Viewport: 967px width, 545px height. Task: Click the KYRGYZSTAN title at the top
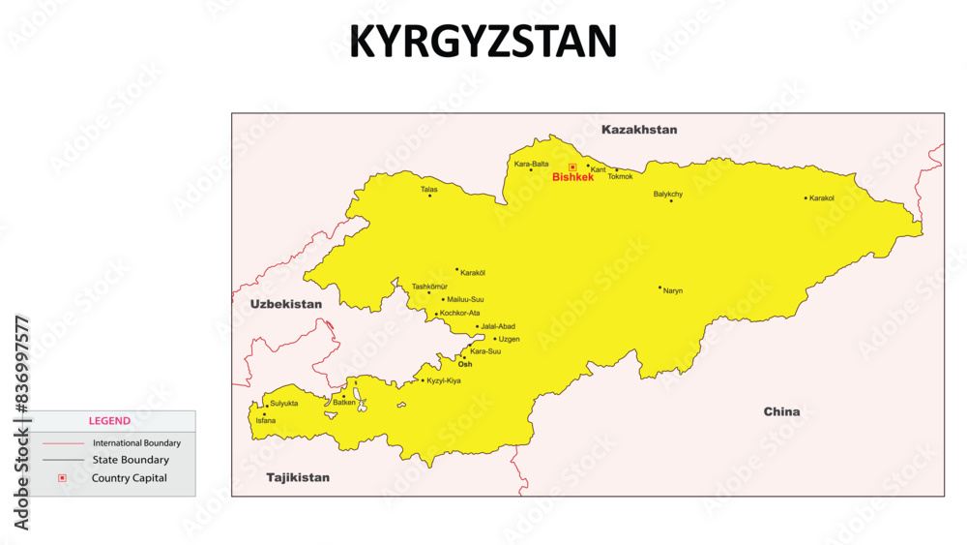tap(483, 42)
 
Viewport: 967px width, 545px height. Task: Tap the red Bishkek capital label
tap(572, 178)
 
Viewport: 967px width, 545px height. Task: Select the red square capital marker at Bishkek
tap(572, 167)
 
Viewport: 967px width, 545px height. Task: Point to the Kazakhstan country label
tap(639, 130)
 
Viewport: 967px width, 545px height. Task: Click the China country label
tap(781, 411)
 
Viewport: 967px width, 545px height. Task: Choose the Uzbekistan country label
tap(286, 304)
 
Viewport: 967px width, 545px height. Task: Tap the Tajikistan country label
tap(298, 477)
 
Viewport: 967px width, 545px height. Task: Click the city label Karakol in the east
tap(822, 198)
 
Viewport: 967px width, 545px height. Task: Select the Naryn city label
tap(673, 291)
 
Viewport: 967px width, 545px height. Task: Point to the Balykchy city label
tap(668, 194)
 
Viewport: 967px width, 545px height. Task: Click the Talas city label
tap(428, 189)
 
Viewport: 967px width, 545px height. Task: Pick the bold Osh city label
tap(465, 365)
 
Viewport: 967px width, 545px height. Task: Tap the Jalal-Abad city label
tap(498, 326)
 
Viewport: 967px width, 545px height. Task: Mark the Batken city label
tap(344, 402)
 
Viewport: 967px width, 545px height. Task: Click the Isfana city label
tap(265, 421)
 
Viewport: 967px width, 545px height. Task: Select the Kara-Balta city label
tap(531, 164)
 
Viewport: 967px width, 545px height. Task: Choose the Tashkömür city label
tap(430, 287)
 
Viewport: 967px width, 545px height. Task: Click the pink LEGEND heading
tap(109, 421)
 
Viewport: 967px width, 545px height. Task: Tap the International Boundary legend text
tap(136, 443)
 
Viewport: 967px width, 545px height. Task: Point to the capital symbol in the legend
tap(62, 478)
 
